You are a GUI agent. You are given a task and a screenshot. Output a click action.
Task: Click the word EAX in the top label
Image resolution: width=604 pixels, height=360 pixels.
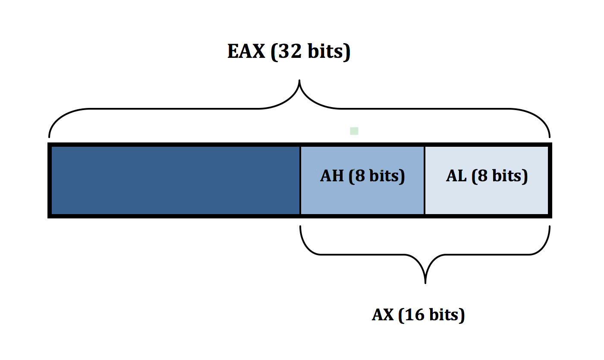[246, 51]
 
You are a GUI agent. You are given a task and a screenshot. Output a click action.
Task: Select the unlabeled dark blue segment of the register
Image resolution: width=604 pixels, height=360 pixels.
[175, 180]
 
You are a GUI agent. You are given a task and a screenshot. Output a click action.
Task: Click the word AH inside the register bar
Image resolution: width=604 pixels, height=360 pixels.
[333, 176]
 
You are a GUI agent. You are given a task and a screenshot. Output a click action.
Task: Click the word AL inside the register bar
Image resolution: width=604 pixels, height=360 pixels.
[456, 176]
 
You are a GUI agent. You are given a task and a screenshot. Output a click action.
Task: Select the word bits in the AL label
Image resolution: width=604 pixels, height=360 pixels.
[507, 176]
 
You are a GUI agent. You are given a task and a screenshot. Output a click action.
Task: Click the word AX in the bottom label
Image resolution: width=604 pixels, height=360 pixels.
[383, 315]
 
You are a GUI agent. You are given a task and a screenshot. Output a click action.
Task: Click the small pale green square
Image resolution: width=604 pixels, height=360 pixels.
[354, 131]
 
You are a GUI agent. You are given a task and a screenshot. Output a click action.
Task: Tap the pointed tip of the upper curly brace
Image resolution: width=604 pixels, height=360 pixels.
[299, 81]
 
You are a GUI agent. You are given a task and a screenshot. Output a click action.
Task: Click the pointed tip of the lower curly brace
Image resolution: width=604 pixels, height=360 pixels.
[425, 283]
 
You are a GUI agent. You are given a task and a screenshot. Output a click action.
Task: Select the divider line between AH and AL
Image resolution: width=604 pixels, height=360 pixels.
[425, 180]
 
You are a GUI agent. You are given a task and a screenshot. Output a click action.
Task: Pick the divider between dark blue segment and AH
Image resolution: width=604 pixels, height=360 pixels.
[300, 180]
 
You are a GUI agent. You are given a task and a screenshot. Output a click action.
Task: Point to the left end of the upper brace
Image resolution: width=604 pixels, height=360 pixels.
[50, 137]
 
